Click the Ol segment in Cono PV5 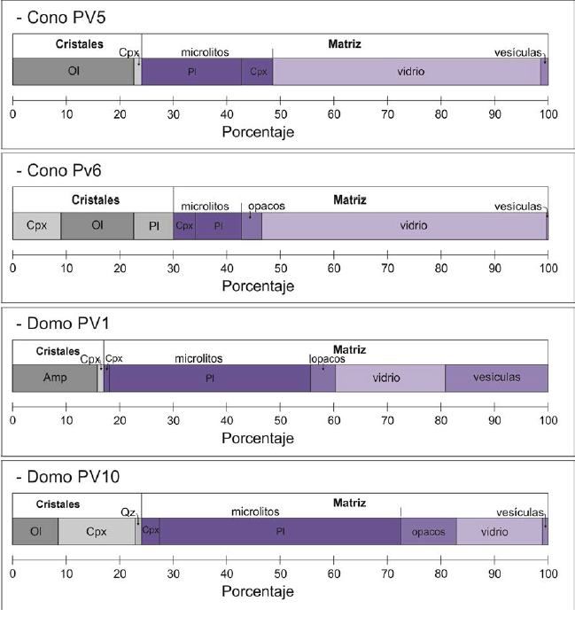(73, 72)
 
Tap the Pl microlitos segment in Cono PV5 (191, 72)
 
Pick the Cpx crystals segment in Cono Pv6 (36, 226)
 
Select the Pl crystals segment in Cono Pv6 (153, 226)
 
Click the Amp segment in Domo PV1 (54, 378)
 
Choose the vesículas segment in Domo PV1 (496, 378)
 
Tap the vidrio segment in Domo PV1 (386, 378)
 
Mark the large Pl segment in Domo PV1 (209, 378)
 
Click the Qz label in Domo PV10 (127, 512)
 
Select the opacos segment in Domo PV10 (428, 532)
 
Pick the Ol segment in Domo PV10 (35, 532)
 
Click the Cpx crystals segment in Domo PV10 (96, 532)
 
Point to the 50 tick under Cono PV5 (280, 113)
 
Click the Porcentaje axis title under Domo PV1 (258, 438)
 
